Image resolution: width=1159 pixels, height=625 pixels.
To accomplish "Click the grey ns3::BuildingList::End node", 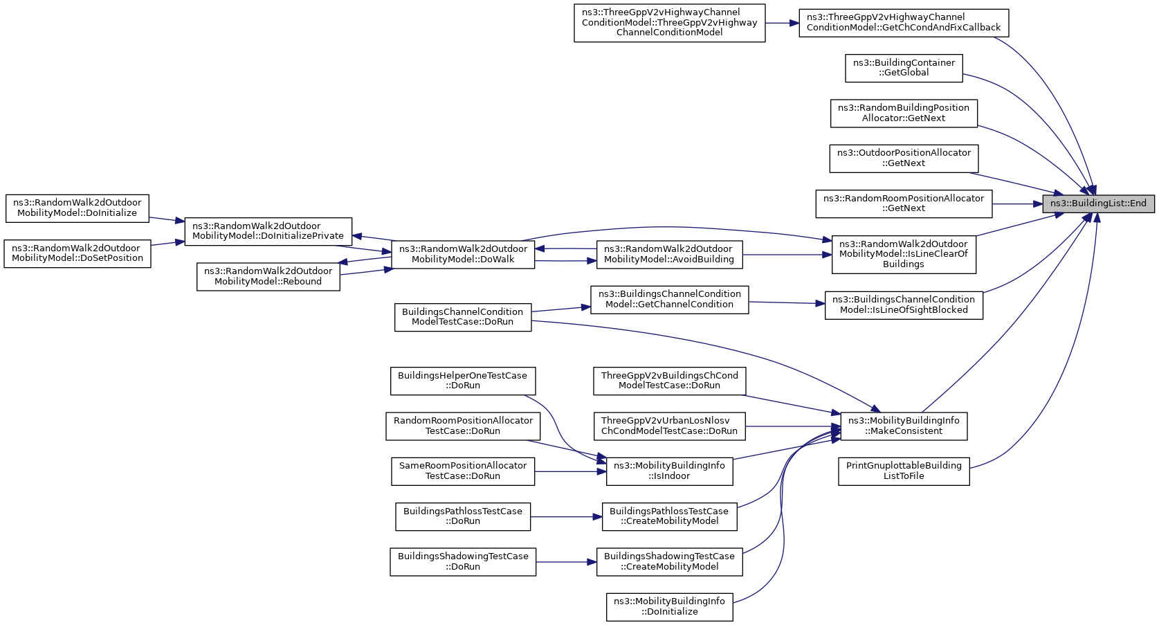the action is pos(1098,204).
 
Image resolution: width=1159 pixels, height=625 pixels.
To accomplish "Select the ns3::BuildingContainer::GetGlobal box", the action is pos(904,68).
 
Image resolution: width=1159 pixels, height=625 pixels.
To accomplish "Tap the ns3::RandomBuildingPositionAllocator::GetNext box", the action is pos(904,114).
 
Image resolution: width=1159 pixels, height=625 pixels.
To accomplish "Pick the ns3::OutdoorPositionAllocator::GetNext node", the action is pos(904,158).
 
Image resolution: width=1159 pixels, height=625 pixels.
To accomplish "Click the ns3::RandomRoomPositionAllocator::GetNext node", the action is pos(904,204).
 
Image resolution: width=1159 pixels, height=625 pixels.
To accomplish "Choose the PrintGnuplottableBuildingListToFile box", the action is pos(904,471).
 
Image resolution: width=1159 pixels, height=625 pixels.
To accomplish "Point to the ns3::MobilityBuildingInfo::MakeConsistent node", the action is pos(904,426).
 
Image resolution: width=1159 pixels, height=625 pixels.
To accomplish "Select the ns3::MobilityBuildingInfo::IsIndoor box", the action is pos(670,471).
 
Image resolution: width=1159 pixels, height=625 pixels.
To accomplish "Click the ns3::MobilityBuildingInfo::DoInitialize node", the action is pos(670,607).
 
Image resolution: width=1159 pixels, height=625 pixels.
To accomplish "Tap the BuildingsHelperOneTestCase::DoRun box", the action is pos(463,381).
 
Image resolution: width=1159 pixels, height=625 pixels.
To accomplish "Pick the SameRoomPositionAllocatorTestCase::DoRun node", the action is pos(463,471).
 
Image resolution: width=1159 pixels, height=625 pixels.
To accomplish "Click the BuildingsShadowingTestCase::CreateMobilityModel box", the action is pos(670,562).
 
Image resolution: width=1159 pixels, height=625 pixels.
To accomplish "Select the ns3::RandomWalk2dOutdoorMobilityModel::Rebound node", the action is pos(268,277).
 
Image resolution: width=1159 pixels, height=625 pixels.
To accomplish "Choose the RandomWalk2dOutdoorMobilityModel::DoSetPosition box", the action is pos(77,253).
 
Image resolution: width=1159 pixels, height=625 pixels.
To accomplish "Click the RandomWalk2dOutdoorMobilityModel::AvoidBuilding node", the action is pos(670,255).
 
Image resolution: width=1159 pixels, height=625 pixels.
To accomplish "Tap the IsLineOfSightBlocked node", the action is pos(904,305).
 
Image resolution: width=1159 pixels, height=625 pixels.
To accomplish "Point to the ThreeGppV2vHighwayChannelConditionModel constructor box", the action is pos(670,24).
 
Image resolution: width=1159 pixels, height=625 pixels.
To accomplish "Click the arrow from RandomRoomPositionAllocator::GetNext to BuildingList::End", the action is pos(1017,204).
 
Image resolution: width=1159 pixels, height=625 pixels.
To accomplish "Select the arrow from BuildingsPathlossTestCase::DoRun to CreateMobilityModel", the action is pos(566,516).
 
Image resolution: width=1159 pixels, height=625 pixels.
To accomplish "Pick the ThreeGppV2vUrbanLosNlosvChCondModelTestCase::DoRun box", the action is pos(670,426).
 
